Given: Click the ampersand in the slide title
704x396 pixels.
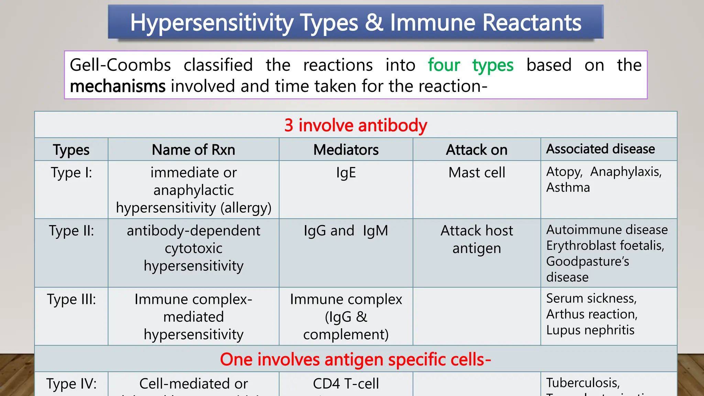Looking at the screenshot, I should [x=374, y=23].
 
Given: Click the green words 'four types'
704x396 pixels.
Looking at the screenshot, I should [x=470, y=65].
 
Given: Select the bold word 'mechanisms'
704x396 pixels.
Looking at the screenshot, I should [x=118, y=86].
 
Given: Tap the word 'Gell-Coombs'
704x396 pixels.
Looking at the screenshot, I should [x=120, y=65].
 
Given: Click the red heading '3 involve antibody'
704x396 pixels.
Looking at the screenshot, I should [x=355, y=125].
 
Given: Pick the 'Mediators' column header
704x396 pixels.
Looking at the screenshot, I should [x=346, y=150].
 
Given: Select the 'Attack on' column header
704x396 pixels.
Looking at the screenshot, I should [x=476, y=150].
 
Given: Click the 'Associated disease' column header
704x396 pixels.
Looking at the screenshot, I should [x=600, y=149].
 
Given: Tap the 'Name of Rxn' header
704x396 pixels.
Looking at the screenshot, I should [x=194, y=150].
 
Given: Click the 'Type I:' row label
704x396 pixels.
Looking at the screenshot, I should [x=71, y=173].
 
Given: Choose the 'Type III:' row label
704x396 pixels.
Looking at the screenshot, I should [x=71, y=299].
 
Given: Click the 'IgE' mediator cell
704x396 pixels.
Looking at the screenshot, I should [x=346, y=173].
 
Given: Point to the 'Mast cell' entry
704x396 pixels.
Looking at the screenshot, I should [x=476, y=173].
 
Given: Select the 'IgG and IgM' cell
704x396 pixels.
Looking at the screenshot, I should [x=346, y=231].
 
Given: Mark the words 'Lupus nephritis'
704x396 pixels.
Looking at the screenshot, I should [x=590, y=330].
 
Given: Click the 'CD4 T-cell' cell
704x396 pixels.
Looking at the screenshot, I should [x=346, y=384].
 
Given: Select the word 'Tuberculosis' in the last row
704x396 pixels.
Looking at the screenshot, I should [x=583, y=383].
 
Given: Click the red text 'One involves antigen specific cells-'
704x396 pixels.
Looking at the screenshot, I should [x=355, y=360].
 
